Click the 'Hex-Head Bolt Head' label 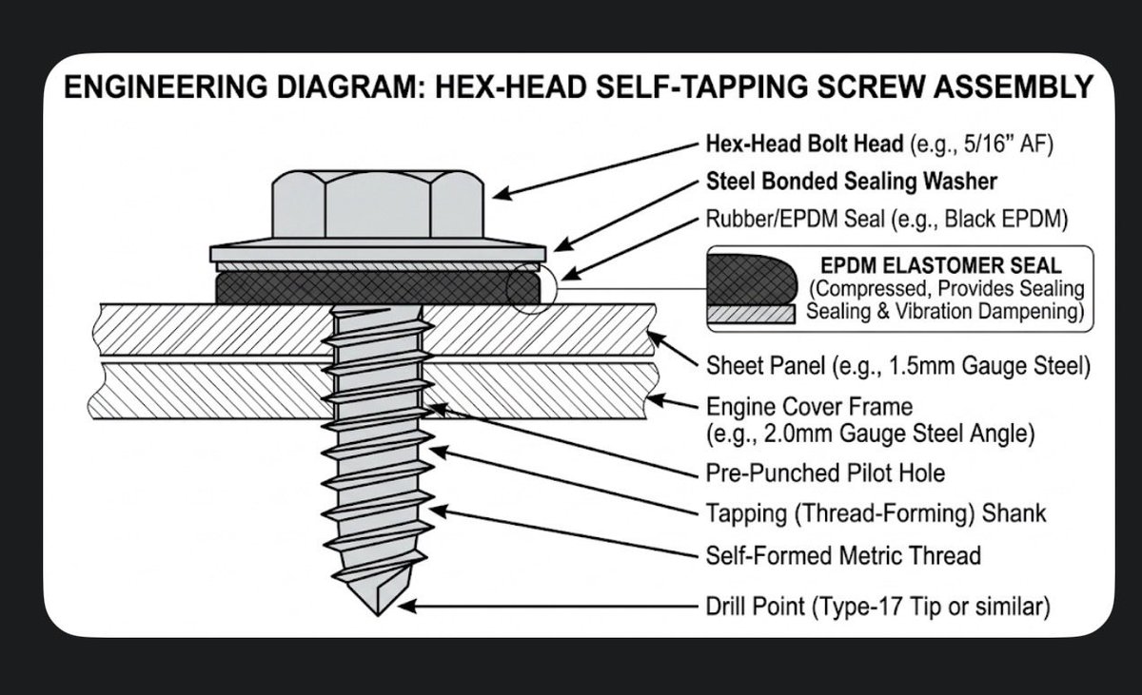pyautogui.click(x=804, y=145)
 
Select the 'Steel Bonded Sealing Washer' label pyautogui.click(x=852, y=182)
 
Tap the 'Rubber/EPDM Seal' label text pyautogui.click(x=795, y=219)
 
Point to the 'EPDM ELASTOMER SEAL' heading pyautogui.click(x=941, y=266)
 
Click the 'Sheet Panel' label pyautogui.click(x=765, y=366)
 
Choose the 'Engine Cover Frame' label pyautogui.click(x=809, y=406)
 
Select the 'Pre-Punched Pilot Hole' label pyautogui.click(x=825, y=473)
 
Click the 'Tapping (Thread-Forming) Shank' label pyautogui.click(x=876, y=513)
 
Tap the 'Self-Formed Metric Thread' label pyautogui.click(x=843, y=555)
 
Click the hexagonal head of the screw pyautogui.click(x=377, y=204)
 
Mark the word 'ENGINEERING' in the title pyautogui.click(x=166, y=87)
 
